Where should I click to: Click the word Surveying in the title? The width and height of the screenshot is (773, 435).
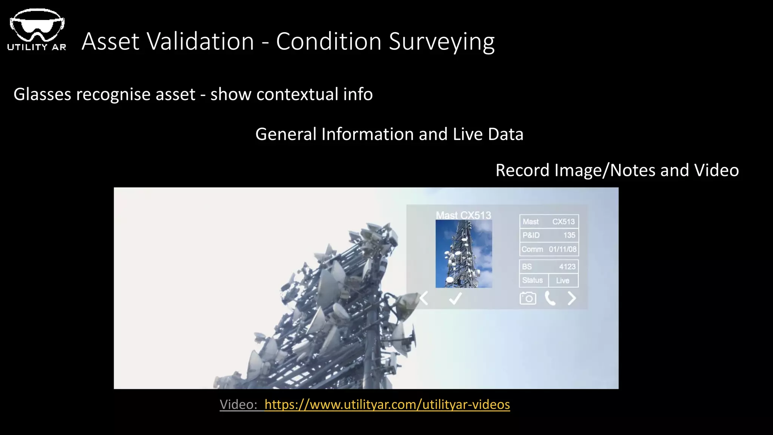pos(442,41)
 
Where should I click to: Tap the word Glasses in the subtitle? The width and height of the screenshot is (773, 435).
pos(42,94)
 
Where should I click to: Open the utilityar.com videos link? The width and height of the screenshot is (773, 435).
pos(387,404)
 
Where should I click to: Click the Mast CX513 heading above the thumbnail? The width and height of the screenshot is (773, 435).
pos(463,215)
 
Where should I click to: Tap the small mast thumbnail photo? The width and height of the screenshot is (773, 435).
pos(463,254)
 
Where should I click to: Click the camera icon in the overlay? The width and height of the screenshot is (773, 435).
pos(528,298)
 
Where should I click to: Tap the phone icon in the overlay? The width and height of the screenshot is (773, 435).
pos(550,298)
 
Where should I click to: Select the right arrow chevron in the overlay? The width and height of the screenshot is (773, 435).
pos(572,298)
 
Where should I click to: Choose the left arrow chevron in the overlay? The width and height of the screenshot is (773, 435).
pos(424,298)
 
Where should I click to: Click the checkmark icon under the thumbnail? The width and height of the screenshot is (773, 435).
pos(455,299)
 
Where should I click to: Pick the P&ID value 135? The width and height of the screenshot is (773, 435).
pos(569,235)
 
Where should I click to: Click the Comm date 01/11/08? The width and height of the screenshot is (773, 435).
pos(562,249)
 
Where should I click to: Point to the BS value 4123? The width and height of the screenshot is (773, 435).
pos(567,267)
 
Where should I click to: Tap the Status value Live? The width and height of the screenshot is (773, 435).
pos(562,281)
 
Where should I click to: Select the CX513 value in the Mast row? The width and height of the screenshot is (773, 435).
pos(564,222)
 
